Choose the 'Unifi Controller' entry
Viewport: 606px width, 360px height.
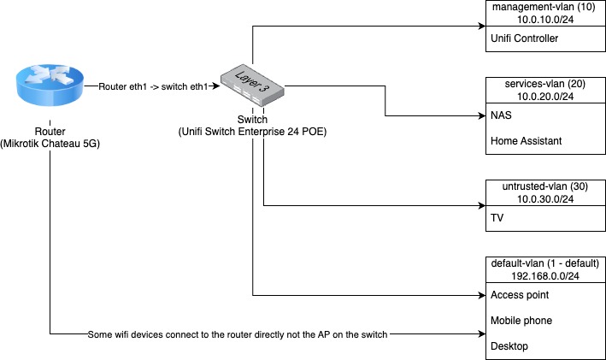tap(524, 38)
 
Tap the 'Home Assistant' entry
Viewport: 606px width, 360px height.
tap(526, 142)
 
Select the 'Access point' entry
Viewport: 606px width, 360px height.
tap(519, 295)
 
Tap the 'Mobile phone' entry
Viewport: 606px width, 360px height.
tap(520, 322)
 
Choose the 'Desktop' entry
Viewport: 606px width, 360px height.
tap(509, 346)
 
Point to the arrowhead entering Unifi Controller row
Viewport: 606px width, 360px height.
tap(480, 26)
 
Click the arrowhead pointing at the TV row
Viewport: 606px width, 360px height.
tap(480, 205)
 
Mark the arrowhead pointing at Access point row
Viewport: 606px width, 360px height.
tap(480, 296)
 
